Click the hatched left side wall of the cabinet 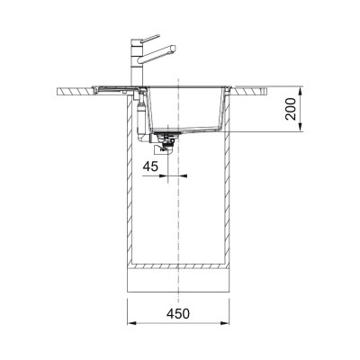130,180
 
